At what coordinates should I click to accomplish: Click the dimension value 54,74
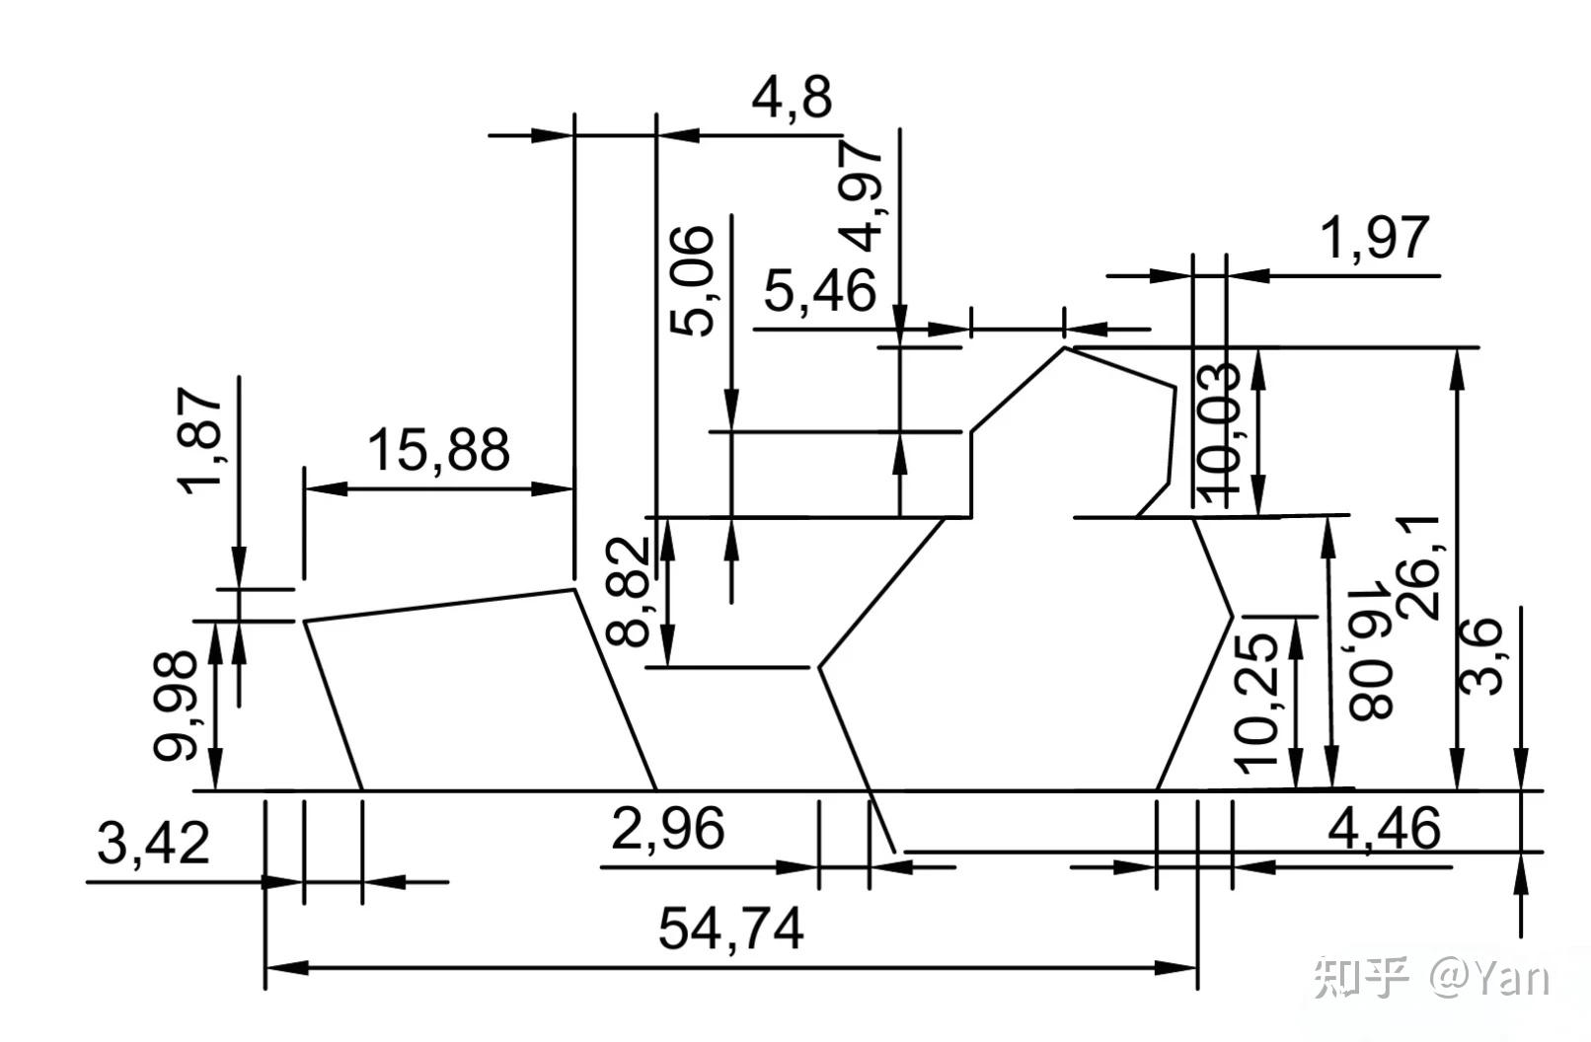tap(730, 929)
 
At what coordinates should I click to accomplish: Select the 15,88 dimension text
tap(438, 450)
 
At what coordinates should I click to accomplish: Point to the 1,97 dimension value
tap(1375, 238)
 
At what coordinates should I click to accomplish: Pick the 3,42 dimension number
tap(154, 845)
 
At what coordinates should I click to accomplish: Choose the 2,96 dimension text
tap(668, 829)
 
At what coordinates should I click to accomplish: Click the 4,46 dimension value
tap(1384, 829)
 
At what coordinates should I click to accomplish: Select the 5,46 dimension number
tap(820, 290)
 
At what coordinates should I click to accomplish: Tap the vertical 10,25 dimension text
tap(1258, 702)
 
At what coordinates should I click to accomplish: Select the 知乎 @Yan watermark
tap(1430, 978)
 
